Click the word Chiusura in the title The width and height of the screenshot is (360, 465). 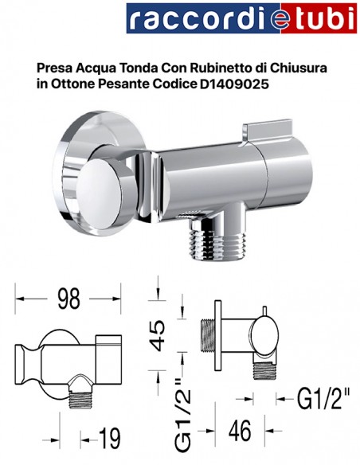pos(303,67)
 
